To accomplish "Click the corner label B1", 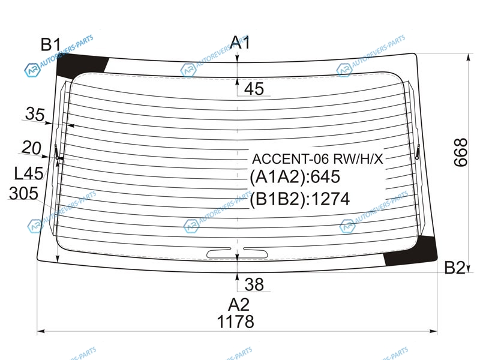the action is (x=51, y=44).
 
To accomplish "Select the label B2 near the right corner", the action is (x=454, y=268).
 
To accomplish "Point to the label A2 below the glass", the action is (x=239, y=305).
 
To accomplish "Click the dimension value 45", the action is (x=254, y=89).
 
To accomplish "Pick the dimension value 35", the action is (x=35, y=114).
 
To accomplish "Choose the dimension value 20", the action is (x=31, y=148).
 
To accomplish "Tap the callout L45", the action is (x=29, y=173).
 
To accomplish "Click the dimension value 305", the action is (x=23, y=193).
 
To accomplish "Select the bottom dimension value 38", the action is (x=254, y=284).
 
